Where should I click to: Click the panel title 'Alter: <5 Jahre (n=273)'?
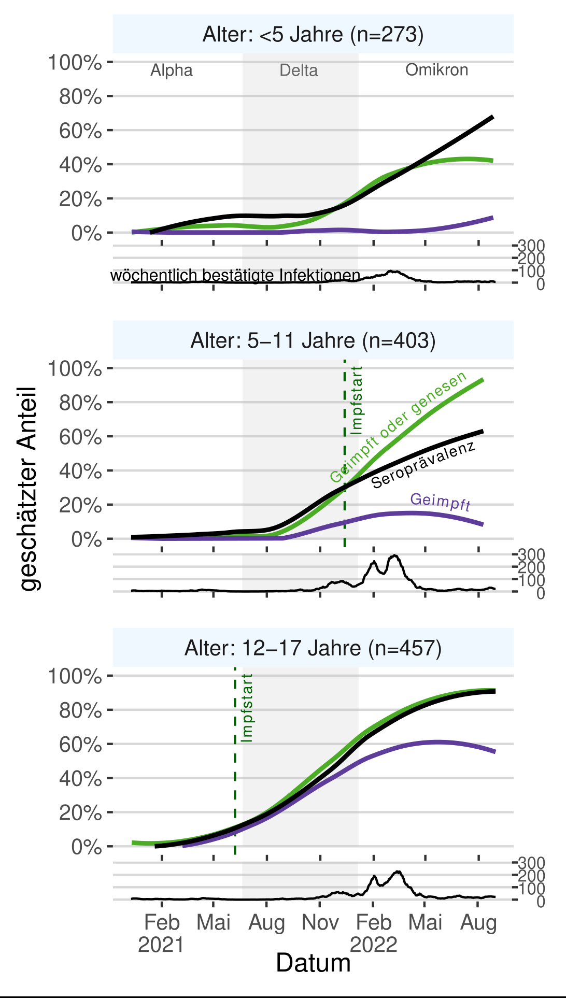[x=313, y=35]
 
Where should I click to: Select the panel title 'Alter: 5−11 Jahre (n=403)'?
[x=313, y=341]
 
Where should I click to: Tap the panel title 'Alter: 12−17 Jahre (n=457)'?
[x=313, y=648]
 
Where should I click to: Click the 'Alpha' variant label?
[x=172, y=70]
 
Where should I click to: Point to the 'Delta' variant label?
[x=299, y=70]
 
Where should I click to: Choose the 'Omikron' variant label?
[x=436, y=70]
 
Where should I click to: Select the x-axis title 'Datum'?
[x=313, y=963]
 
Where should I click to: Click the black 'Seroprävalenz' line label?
[x=423, y=465]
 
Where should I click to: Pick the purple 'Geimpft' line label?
[x=440, y=502]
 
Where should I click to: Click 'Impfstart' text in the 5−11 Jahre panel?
[x=357, y=400]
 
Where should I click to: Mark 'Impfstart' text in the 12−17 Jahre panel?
[x=247, y=707]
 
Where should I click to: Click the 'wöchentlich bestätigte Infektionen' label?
[x=235, y=275]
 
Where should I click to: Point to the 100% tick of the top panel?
[x=75, y=63]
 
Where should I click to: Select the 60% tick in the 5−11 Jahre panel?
[x=80, y=437]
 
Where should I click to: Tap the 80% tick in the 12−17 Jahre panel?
[x=80, y=710]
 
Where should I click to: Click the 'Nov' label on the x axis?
[x=320, y=922]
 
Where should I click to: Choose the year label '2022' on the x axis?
[x=373, y=945]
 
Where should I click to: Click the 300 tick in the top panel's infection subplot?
[x=531, y=246]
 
